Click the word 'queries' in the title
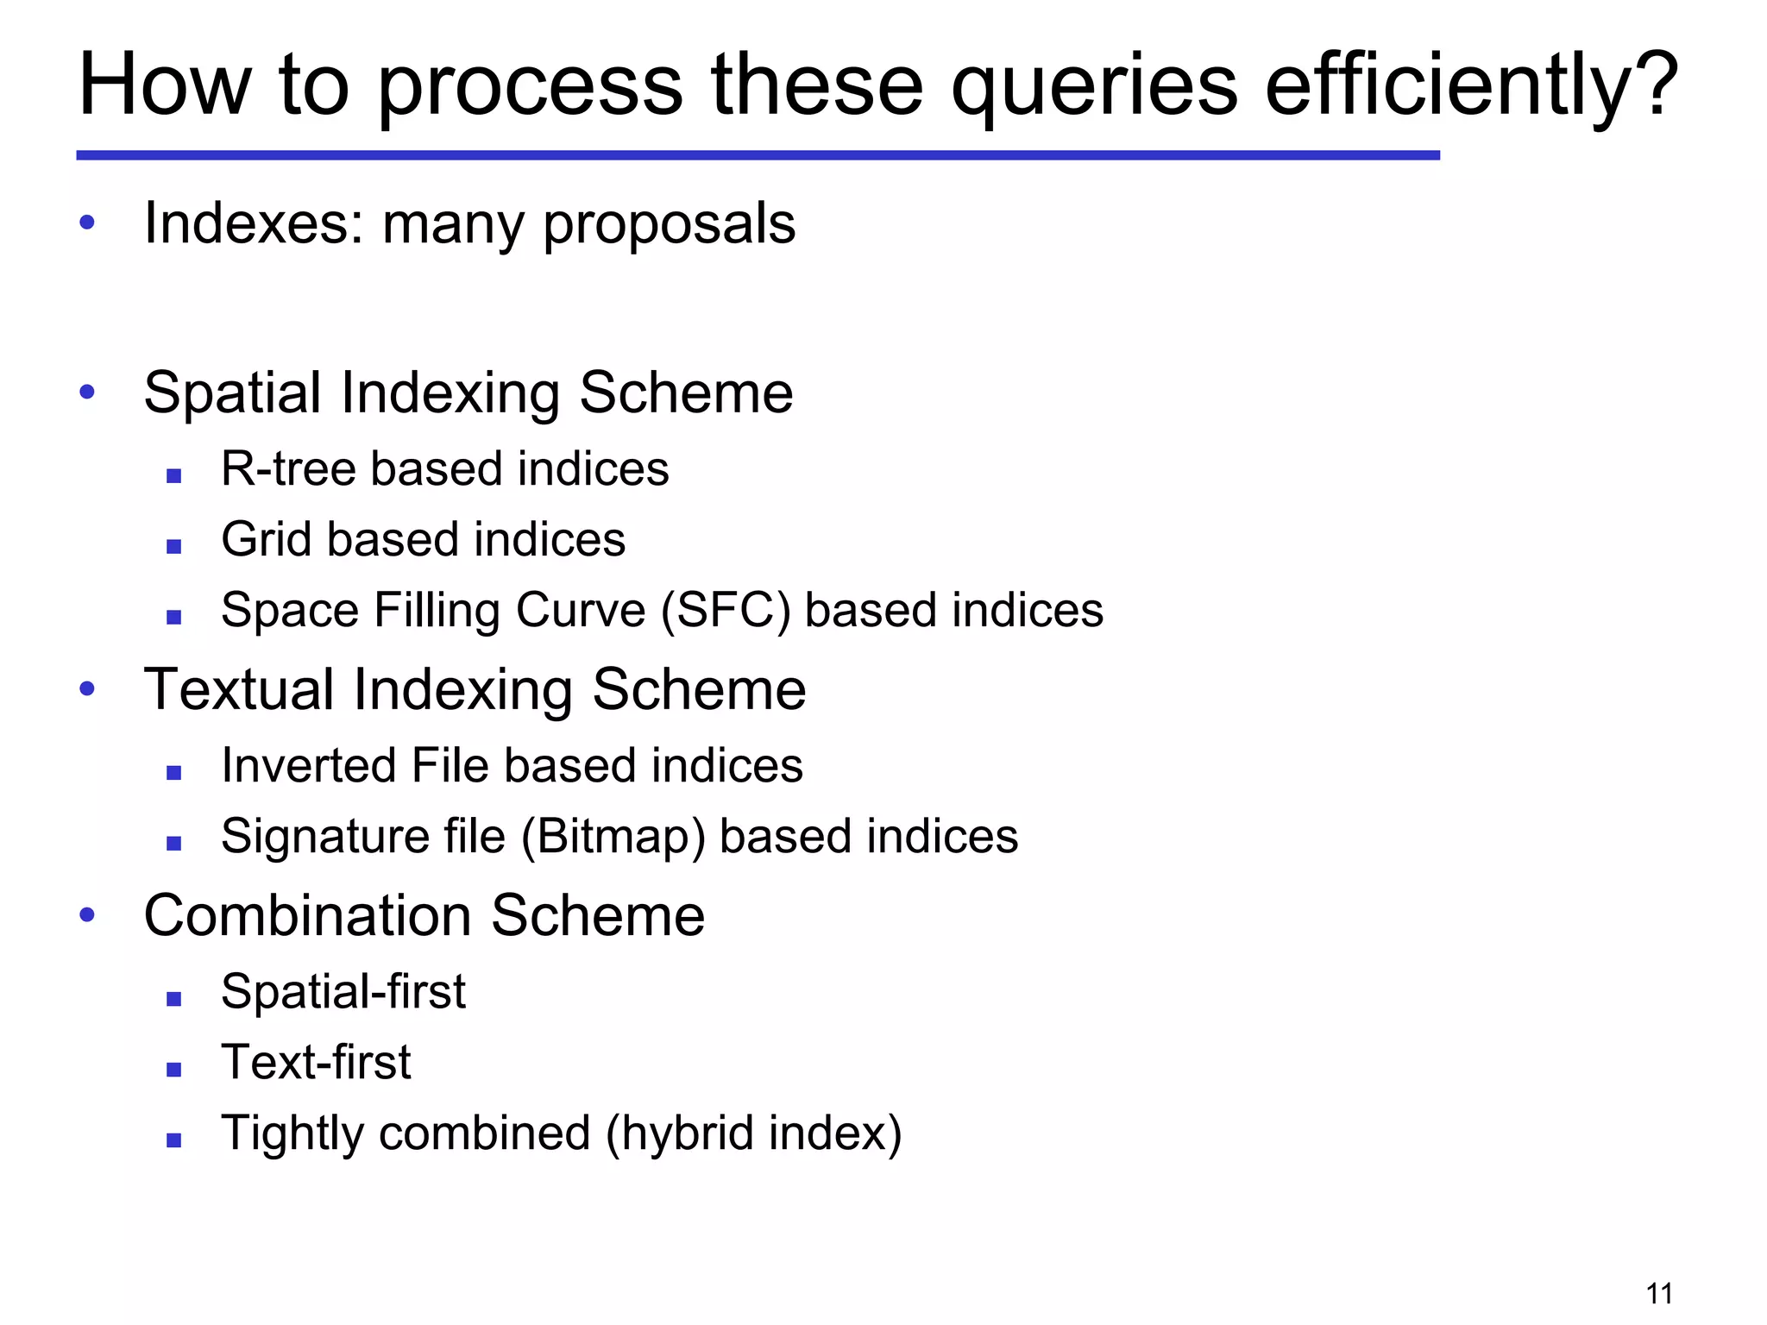point(1094,86)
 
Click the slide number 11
point(1659,1294)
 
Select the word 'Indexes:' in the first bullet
point(254,223)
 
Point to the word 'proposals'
point(669,226)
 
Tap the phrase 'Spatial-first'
point(343,992)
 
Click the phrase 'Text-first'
point(316,1063)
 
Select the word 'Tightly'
point(292,1134)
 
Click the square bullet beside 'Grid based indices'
point(174,546)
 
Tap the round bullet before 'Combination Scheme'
point(87,914)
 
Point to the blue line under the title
point(758,155)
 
